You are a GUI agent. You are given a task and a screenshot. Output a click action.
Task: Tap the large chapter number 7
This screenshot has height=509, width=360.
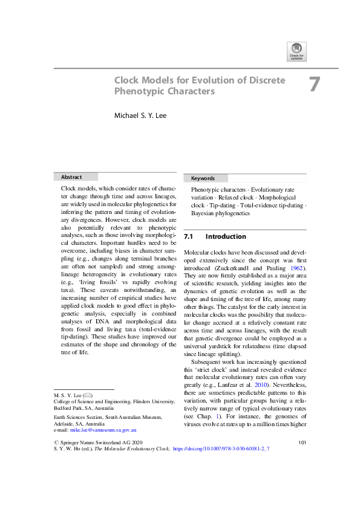tap(314, 85)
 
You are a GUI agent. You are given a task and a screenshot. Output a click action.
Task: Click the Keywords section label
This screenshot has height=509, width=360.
tap(203, 178)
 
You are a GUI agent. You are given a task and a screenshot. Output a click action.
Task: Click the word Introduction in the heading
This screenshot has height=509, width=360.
tap(226, 236)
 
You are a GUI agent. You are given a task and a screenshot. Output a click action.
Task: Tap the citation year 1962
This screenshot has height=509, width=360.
tap(295, 268)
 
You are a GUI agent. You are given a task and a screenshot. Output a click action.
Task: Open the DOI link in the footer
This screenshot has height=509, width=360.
tap(221, 484)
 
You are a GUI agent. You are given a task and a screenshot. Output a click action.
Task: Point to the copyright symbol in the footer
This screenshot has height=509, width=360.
tap(56, 477)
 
